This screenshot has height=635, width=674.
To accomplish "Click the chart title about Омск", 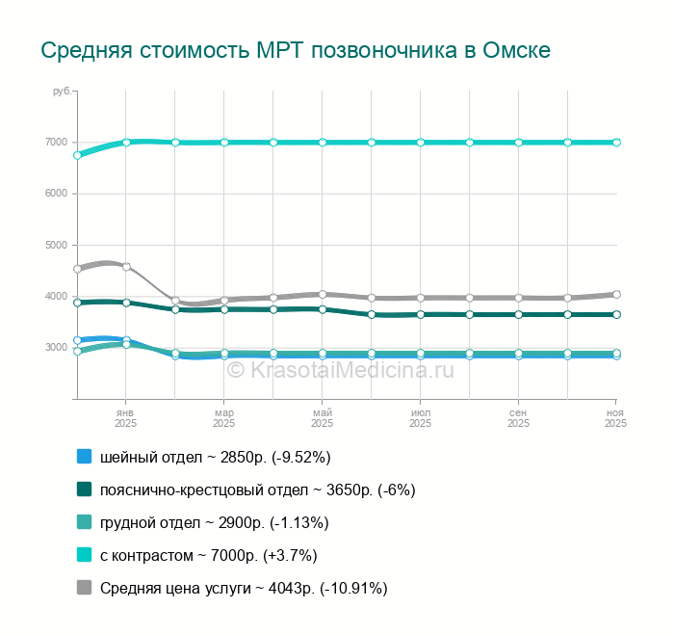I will click(296, 49).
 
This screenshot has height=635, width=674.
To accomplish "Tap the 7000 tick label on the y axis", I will click(56, 143).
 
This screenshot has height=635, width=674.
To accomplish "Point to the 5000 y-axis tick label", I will click(56, 245).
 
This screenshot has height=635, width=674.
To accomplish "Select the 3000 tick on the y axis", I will click(56, 347).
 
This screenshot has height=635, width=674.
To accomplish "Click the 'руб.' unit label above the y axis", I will click(61, 91).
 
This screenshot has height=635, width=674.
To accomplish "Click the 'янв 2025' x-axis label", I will click(125, 417).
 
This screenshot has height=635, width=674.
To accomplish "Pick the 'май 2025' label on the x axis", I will click(322, 417).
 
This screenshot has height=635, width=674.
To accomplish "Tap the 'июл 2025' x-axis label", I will click(420, 417).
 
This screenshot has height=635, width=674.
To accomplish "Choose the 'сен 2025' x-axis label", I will click(518, 417).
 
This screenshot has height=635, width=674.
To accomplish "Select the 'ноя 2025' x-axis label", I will click(615, 417).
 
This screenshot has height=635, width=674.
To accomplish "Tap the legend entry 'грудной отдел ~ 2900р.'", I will click(214, 522).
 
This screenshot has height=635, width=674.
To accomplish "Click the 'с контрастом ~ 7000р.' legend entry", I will click(208, 555).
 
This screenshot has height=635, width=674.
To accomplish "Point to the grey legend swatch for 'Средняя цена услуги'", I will click(84, 588).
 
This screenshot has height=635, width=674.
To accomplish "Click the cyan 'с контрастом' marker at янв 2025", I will click(126, 143).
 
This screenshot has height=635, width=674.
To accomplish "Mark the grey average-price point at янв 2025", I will click(126, 267).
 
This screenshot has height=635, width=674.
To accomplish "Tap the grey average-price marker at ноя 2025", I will click(616, 295).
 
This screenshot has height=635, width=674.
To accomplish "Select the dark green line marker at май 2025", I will click(322, 309).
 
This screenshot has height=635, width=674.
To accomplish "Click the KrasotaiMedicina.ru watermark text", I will click(340, 369).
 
